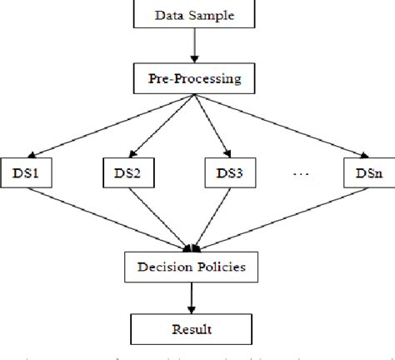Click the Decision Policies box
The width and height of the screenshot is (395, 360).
point(194,268)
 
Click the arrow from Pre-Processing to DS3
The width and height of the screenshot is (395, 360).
point(209,126)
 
